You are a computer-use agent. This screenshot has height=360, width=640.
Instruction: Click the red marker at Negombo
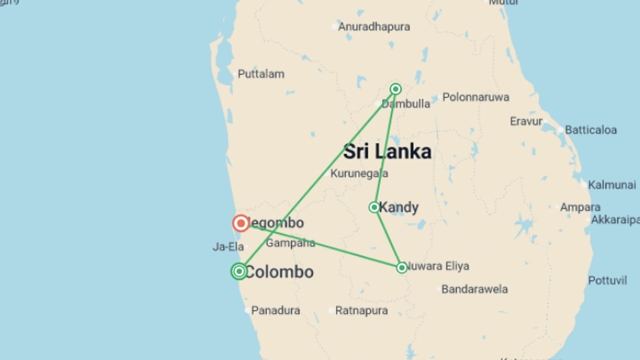(x=241, y=223)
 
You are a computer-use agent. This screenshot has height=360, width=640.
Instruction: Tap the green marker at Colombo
(x=239, y=271)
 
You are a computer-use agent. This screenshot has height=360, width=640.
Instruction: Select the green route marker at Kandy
(x=374, y=207)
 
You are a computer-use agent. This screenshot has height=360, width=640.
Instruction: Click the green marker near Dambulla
(x=396, y=89)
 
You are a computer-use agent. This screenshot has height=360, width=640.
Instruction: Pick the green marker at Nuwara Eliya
(x=402, y=268)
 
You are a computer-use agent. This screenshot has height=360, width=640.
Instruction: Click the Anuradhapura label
(x=374, y=27)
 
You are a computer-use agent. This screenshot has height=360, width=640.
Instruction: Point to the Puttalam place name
(x=261, y=74)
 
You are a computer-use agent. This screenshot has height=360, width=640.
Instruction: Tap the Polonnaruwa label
(x=476, y=97)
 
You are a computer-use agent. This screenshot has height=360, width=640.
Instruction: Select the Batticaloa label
(x=591, y=130)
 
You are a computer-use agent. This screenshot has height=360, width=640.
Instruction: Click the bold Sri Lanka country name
(x=387, y=152)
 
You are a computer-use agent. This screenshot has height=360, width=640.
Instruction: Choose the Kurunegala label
(x=359, y=173)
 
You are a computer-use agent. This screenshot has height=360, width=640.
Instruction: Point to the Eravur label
(x=526, y=121)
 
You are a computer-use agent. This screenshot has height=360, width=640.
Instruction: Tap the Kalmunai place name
(x=612, y=185)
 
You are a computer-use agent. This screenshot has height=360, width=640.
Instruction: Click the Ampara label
(x=580, y=207)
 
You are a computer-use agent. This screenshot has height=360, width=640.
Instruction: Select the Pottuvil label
(x=607, y=280)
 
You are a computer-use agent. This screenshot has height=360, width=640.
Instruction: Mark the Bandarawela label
(x=474, y=289)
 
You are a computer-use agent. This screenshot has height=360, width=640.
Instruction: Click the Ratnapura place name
(x=361, y=311)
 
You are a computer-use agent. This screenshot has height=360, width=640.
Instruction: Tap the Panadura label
(x=275, y=311)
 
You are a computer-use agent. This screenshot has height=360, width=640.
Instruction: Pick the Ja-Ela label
(x=228, y=247)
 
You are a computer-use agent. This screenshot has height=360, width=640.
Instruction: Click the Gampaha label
(x=290, y=243)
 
